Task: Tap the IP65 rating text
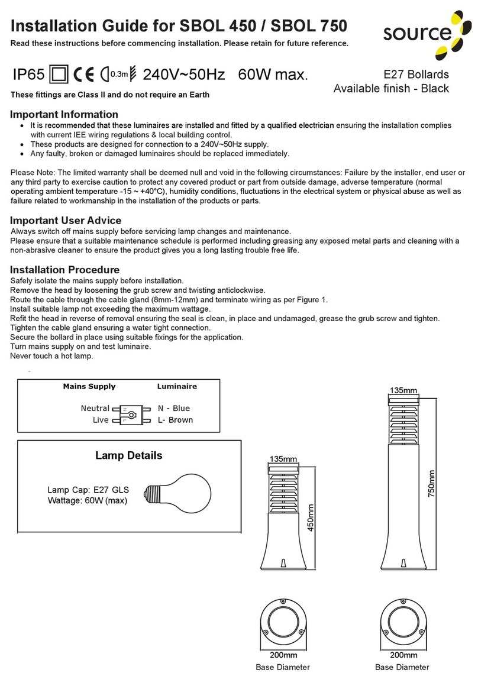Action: (28, 75)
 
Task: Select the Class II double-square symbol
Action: (60, 75)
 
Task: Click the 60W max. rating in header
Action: (273, 75)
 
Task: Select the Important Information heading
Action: (64, 114)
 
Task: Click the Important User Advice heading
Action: (66, 220)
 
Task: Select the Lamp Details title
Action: (128, 456)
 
